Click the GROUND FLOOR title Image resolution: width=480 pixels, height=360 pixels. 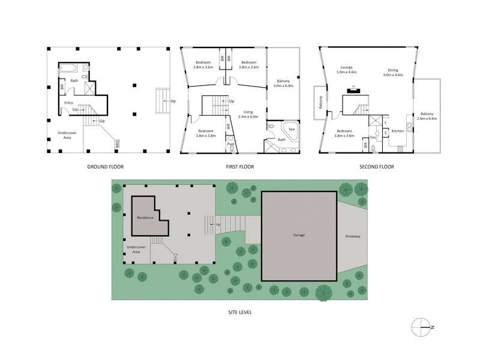coord(105,167)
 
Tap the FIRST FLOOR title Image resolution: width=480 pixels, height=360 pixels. coord(239,167)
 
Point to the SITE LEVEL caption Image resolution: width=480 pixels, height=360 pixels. coord(239,312)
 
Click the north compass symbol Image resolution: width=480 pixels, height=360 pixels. coord(422,326)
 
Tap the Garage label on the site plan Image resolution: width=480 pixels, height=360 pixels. coord(299,235)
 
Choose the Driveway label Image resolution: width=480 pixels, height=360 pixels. coord(353,236)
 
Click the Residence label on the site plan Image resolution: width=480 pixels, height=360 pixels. coord(145,217)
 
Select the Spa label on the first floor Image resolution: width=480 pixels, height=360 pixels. coord(292,128)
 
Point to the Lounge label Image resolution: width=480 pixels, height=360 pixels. coord(346,68)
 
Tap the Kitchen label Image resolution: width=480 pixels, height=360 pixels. coord(398,130)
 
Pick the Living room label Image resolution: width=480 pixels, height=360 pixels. coord(248,112)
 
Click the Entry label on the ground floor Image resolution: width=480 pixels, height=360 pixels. coord(68,103)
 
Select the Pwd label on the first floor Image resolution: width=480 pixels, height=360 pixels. coord(230,144)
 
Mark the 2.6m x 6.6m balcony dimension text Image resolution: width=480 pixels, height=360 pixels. coord(427,119)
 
